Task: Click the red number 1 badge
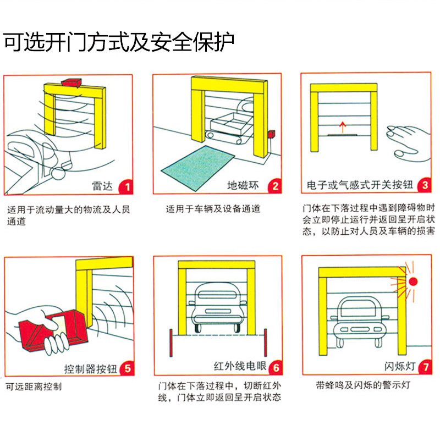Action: [x=126, y=186]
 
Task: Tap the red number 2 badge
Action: [x=275, y=186]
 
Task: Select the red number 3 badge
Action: [x=423, y=186]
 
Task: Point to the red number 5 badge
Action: [x=126, y=368]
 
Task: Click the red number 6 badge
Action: [x=275, y=368]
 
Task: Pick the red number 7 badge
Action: [x=423, y=368]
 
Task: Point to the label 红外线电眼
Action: [x=239, y=368]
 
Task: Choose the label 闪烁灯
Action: [x=398, y=368]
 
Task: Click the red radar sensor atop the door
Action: [x=71, y=82]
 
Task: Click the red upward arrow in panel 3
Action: [x=341, y=128]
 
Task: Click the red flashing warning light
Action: [x=413, y=281]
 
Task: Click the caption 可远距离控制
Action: [x=34, y=387]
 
